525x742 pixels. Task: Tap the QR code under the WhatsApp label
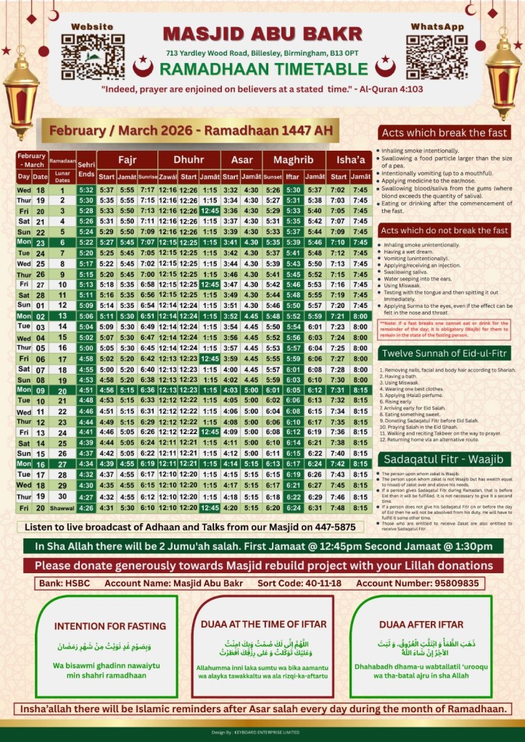(x=437, y=57)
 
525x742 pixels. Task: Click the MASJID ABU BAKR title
(x=262, y=33)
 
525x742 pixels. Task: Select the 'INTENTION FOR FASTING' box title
(x=110, y=625)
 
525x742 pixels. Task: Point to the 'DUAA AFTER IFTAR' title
(x=421, y=624)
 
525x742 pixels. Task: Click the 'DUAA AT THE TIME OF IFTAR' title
(x=263, y=624)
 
